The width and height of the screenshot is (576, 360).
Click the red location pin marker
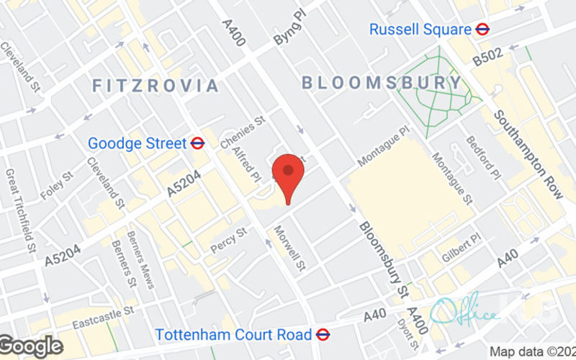(288, 176)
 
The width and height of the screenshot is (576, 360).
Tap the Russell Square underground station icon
(482, 30)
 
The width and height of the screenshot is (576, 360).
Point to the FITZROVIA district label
(156, 86)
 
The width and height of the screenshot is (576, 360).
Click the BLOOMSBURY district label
(382, 83)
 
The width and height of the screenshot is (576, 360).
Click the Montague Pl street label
(387, 153)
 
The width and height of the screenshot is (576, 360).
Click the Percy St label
(228, 241)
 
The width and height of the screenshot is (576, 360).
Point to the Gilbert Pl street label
(462, 245)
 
